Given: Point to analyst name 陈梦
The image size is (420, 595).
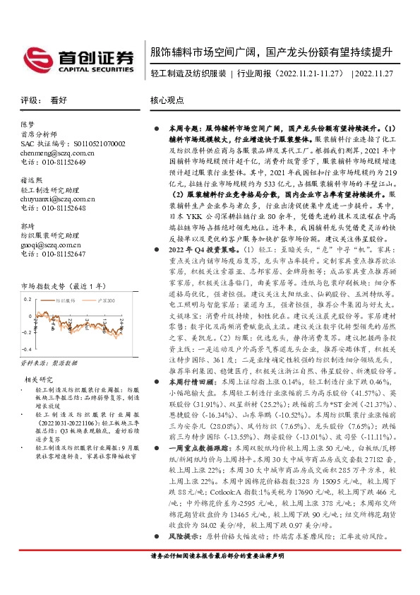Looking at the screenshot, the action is tap(29, 122).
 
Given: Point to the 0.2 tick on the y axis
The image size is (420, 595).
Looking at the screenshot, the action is tap(26, 300).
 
